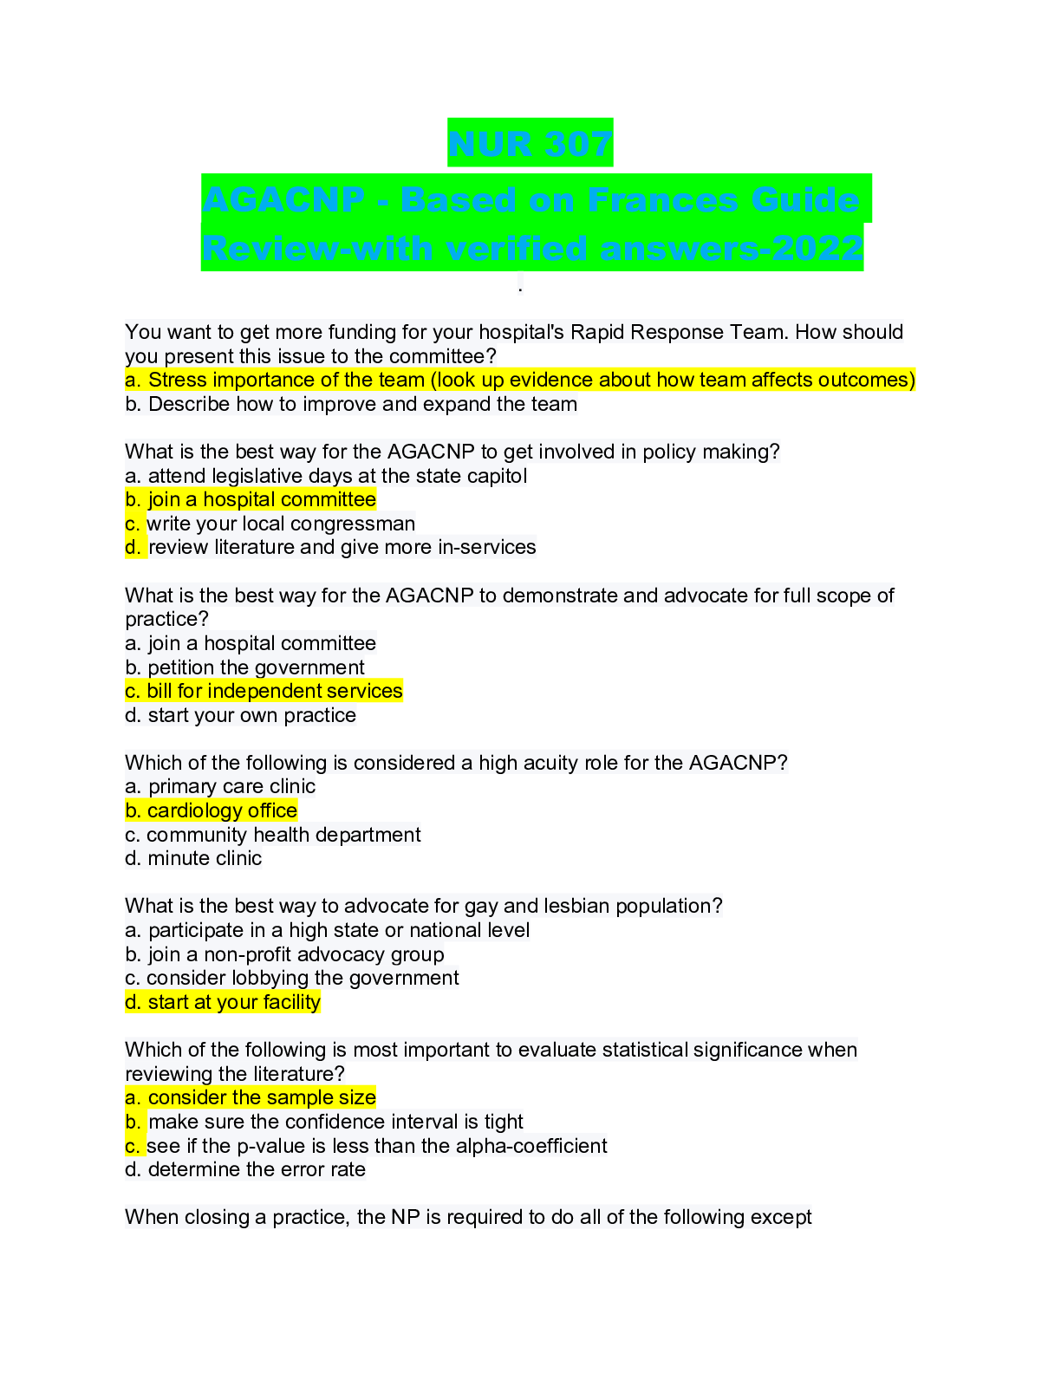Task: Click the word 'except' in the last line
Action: (781, 1218)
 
